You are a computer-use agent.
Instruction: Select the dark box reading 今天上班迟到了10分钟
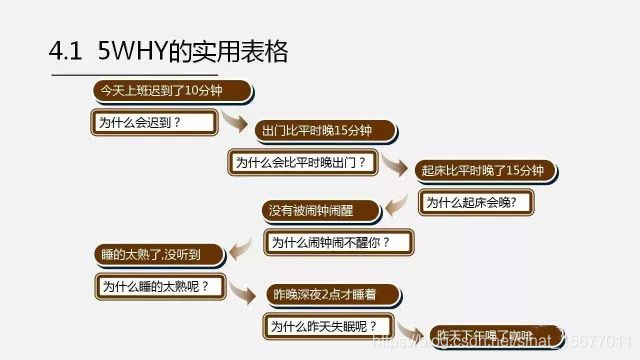(x=170, y=91)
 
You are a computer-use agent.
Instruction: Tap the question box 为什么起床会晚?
(x=475, y=202)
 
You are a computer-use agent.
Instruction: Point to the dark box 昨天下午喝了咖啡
(x=493, y=334)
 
